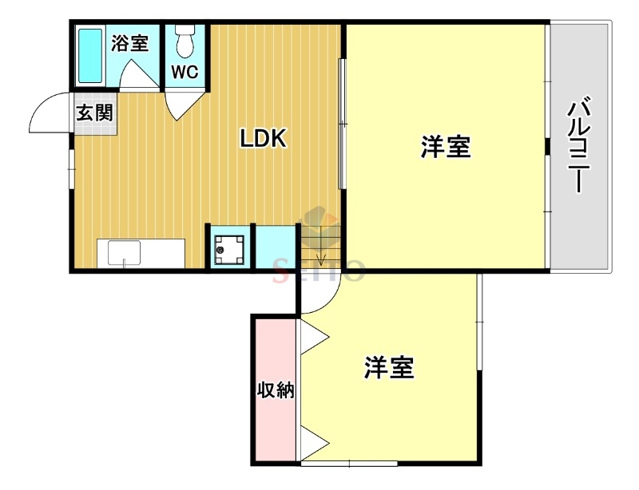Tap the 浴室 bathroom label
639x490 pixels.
(129, 42)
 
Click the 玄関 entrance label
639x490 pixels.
(94, 111)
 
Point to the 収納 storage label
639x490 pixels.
(276, 390)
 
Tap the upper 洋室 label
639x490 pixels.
(446, 147)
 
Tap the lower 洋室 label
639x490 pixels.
(389, 368)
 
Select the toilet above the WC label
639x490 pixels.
(185, 40)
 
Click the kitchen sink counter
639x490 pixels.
(141, 253)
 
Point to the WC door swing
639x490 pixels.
(181, 104)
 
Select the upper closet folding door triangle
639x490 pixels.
(313, 335)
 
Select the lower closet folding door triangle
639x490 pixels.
(313, 441)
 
